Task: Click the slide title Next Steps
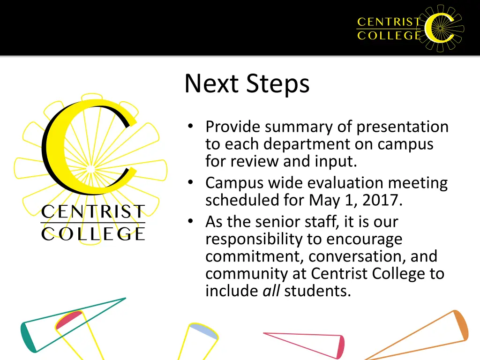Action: (x=247, y=84)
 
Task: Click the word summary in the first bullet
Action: (x=294, y=127)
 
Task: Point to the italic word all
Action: (x=271, y=291)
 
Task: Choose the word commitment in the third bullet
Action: (x=255, y=256)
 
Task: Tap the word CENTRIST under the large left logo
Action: (x=93, y=212)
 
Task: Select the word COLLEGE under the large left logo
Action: (x=93, y=233)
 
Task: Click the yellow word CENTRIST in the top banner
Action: (x=389, y=22)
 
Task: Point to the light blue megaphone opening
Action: (x=203, y=330)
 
